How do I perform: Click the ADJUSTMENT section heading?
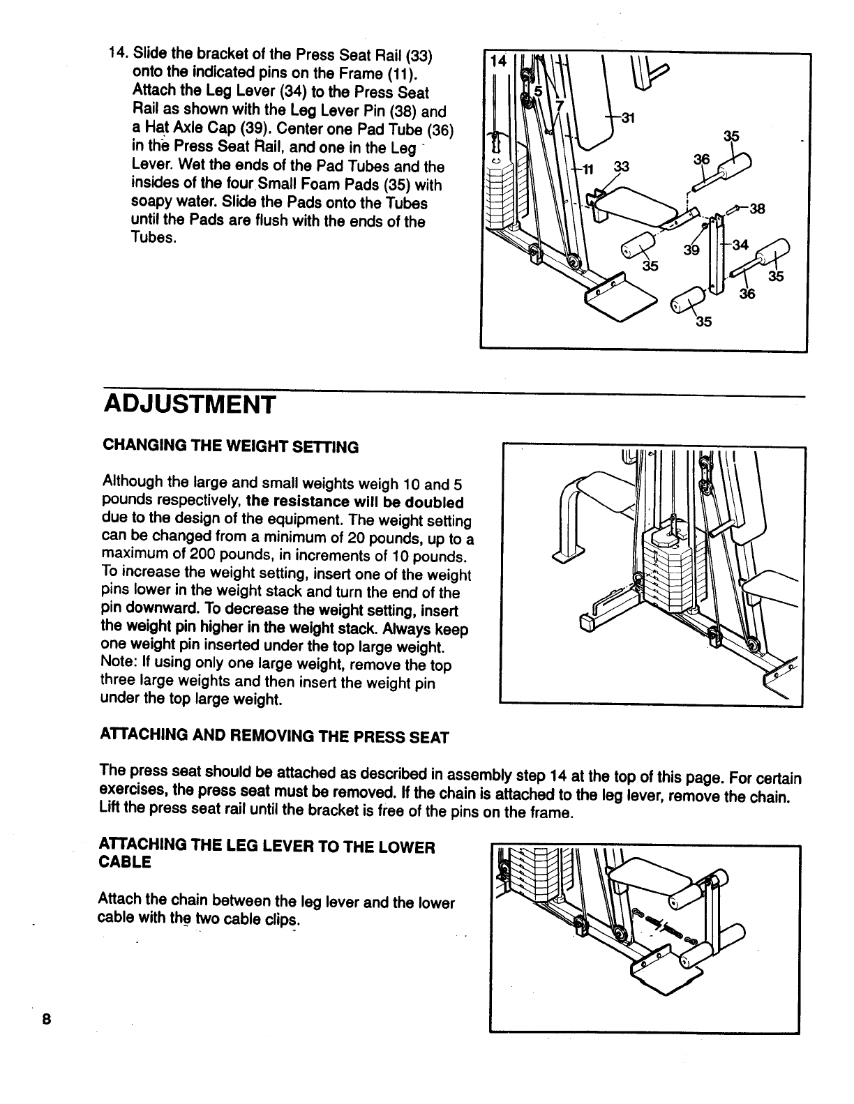point(190,404)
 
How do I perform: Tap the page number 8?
point(47,1018)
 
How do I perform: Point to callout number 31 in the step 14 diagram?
point(627,118)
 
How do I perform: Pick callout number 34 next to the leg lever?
point(740,245)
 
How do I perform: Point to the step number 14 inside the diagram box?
point(498,61)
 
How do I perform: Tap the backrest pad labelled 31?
point(590,112)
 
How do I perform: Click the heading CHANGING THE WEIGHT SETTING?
point(230,447)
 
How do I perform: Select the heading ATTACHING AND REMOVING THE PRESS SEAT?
point(275,736)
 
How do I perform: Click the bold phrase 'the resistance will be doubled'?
point(355,502)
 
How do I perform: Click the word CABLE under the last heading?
point(126,862)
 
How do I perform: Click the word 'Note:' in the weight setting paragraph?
point(120,665)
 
